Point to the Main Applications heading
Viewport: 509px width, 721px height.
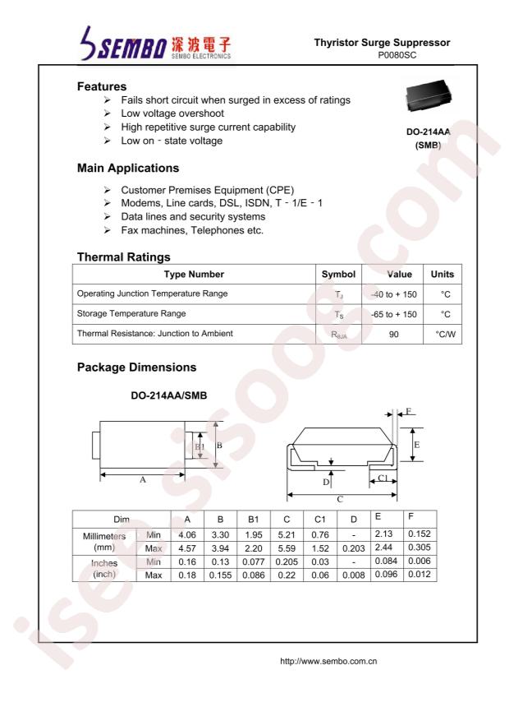click(x=127, y=169)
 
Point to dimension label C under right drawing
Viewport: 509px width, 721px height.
click(x=340, y=498)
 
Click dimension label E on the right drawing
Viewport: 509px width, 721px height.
click(x=417, y=444)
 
